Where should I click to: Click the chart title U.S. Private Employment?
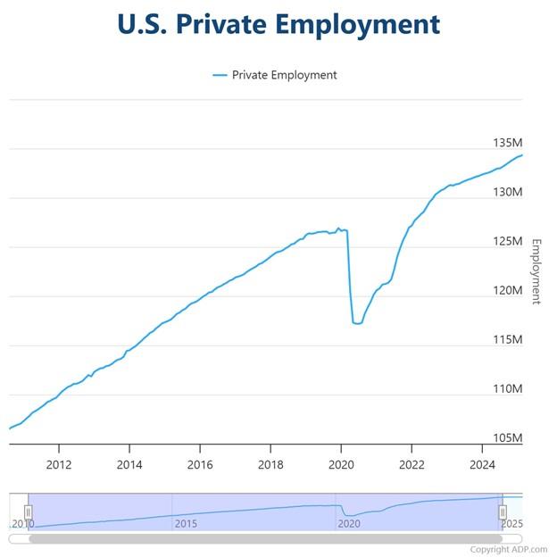coord(278,24)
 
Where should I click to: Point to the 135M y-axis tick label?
coord(507,143)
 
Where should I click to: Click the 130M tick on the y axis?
coord(507,192)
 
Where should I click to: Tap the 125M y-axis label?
coord(507,241)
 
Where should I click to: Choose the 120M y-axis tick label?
coord(507,290)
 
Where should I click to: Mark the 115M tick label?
coord(507,339)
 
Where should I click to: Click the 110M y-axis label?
coord(507,389)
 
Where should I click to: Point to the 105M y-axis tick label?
coord(507,438)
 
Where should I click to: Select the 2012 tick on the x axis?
coord(59,464)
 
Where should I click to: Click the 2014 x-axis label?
coord(129,464)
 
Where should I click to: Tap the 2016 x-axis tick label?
coord(200,464)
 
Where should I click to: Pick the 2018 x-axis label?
coord(270,464)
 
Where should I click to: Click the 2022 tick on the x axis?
coord(412,464)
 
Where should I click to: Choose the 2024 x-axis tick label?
coord(482,464)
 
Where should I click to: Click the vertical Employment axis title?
coord(536,271)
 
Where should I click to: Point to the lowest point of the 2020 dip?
coord(357,323)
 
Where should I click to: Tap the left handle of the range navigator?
coord(28,512)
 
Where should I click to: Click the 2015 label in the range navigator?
coord(185,523)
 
